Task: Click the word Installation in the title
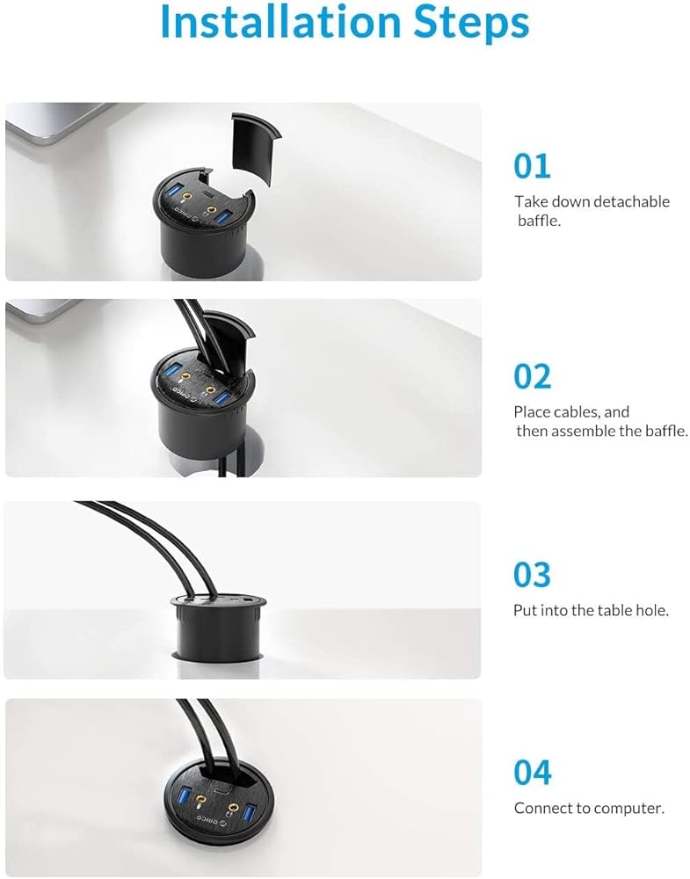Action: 281,22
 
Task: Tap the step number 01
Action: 532,166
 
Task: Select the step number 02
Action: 533,376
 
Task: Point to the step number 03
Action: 533,575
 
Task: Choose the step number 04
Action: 533,773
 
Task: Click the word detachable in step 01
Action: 631,201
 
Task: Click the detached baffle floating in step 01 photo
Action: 256,147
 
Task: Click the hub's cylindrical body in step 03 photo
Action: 219,630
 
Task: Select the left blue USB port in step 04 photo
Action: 184,796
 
